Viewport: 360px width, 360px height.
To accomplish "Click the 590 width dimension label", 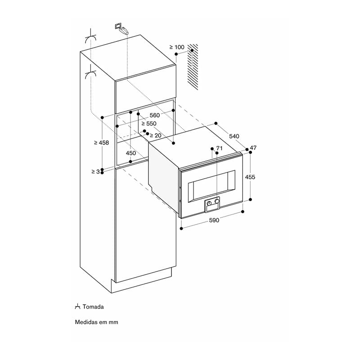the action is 214,220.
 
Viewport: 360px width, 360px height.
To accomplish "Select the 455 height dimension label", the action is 250,177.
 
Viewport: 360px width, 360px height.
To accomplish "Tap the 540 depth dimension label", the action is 234,136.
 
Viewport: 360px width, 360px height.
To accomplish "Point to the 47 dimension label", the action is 253,148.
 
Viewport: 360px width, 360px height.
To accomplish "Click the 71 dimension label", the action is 220,148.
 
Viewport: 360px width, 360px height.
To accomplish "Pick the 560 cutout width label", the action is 155,115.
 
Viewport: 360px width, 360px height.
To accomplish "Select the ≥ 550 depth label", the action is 149,123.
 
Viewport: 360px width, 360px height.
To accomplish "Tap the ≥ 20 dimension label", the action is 155,135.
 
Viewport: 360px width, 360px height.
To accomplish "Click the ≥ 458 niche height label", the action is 101,143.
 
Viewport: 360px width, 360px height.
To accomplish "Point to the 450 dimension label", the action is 131,153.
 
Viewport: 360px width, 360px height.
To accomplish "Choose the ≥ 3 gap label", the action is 95,171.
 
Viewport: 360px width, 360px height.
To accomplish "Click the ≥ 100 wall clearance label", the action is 177,47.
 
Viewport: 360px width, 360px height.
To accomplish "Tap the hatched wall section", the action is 193,67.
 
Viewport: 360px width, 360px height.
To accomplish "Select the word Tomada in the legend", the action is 93,307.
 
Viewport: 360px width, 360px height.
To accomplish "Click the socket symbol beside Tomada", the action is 77,306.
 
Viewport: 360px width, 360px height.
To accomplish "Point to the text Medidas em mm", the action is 96,322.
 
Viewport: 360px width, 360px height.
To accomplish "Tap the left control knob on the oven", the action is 209,203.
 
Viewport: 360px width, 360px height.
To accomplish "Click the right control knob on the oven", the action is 216,201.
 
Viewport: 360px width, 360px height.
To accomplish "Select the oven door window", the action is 211,186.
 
